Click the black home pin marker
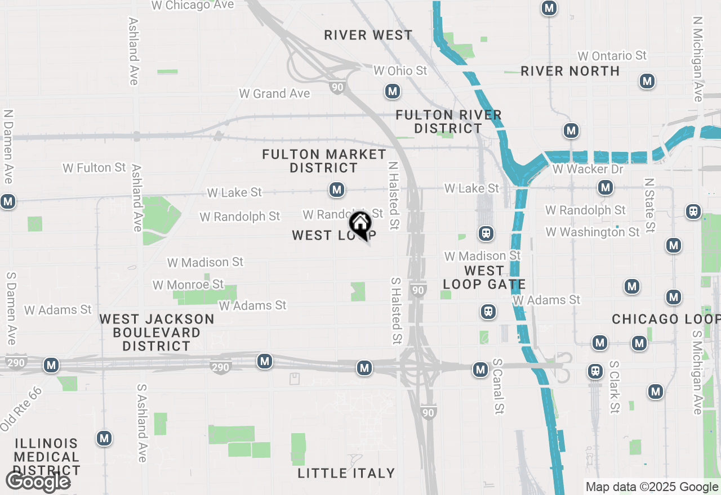click(360, 224)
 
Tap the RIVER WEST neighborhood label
click(368, 35)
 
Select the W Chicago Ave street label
click(193, 6)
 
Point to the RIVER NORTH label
click(570, 71)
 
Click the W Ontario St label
click(612, 56)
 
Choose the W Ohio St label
click(400, 71)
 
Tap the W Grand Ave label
click(274, 93)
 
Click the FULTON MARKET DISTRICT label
click(324, 161)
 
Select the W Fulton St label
click(94, 168)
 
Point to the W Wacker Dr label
click(580, 169)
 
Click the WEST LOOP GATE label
click(484, 278)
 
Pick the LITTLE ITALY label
click(346, 473)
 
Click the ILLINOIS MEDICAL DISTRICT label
click(47, 457)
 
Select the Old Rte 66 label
click(21, 409)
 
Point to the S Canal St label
click(497, 385)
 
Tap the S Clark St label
click(614, 388)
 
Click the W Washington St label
click(593, 232)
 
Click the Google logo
click(38, 481)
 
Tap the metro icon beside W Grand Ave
click(393, 91)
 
